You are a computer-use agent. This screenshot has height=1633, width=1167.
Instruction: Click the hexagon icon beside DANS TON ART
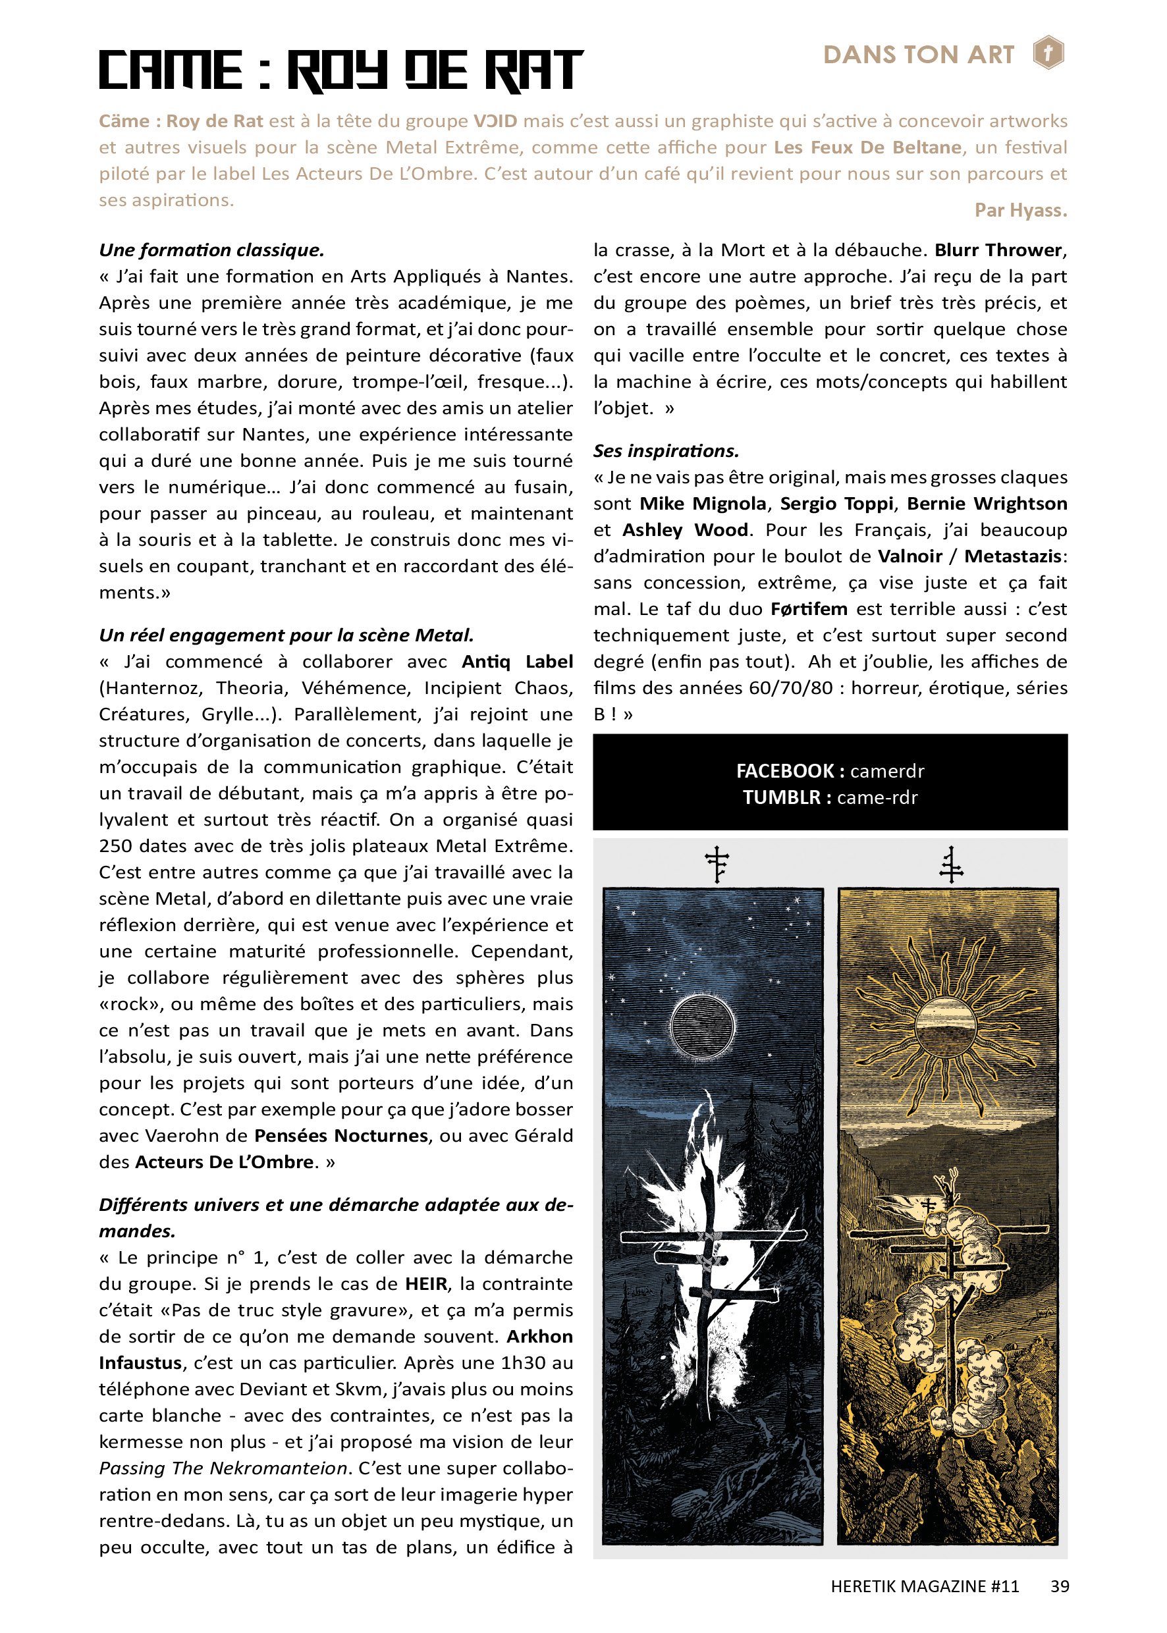(x=1048, y=53)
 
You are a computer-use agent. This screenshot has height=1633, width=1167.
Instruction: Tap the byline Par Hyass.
(x=1019, y=211)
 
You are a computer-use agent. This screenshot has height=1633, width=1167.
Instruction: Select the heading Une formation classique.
(x=211, y=250)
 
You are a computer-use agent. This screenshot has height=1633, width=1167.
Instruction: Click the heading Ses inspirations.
(x=665, y=450)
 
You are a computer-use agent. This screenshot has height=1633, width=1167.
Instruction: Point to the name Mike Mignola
(x=702, y=504)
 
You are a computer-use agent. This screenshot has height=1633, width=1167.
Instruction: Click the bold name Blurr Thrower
(x=997, y=250)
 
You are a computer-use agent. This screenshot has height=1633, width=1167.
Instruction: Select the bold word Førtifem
(x=809, y=609)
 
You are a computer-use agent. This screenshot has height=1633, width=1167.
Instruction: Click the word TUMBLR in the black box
(x=781, y=797)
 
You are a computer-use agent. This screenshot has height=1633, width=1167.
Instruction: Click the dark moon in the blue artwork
(x=702, y=1027)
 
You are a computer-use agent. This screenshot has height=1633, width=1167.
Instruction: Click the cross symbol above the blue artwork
(x=717, y=863)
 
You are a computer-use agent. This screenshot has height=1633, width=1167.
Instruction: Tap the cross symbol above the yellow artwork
(x=951, y=865)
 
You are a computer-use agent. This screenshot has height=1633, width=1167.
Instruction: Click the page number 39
(x=1059, y=1586)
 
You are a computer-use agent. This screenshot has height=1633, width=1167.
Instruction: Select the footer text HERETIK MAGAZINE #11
(x=924, y=1586)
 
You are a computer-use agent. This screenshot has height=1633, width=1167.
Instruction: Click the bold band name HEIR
(x=426, y=1284)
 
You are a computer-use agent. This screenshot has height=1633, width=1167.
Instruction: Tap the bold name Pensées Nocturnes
(x=341, y=1136)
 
